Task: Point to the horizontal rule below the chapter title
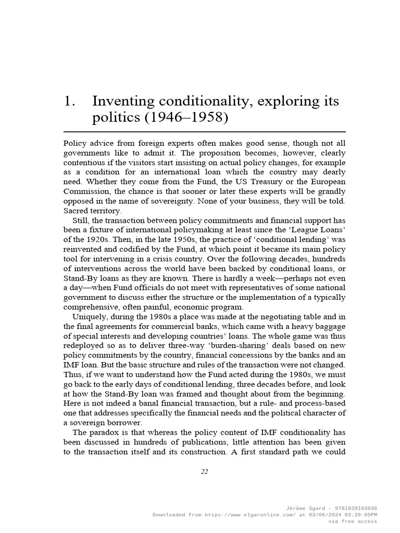coord(204,132)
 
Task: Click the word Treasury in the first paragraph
coord(282,182)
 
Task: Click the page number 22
coord(204,472)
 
